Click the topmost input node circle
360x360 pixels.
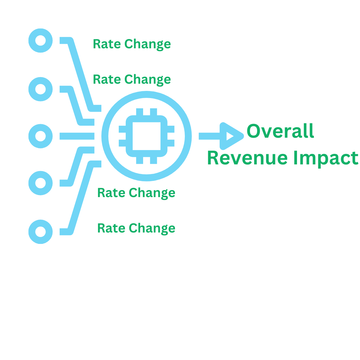[40, 40]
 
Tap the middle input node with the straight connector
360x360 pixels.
[40, 136]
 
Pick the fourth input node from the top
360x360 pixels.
[40, 183]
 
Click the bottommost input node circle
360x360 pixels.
[40, 232]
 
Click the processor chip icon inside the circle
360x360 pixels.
[146, 136]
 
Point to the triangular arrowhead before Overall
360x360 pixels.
[231, 136]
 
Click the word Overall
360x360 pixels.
[280, 131]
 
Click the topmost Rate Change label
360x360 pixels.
[132, 44]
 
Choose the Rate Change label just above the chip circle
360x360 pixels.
[132, 79]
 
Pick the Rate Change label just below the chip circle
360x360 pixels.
[136, 193]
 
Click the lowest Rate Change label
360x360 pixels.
[136, 228]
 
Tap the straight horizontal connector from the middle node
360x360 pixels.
[77, 136]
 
